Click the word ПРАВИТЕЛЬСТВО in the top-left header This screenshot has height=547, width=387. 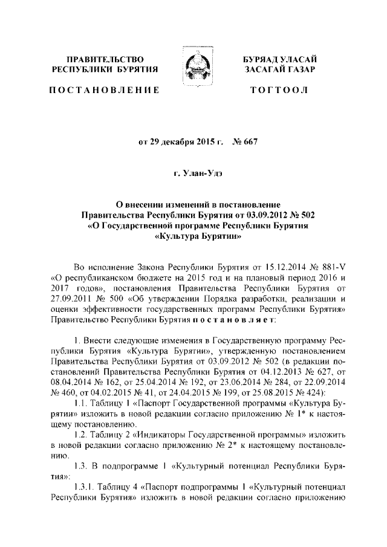pos(105,59)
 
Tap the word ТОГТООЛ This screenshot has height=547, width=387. pos(279,90)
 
